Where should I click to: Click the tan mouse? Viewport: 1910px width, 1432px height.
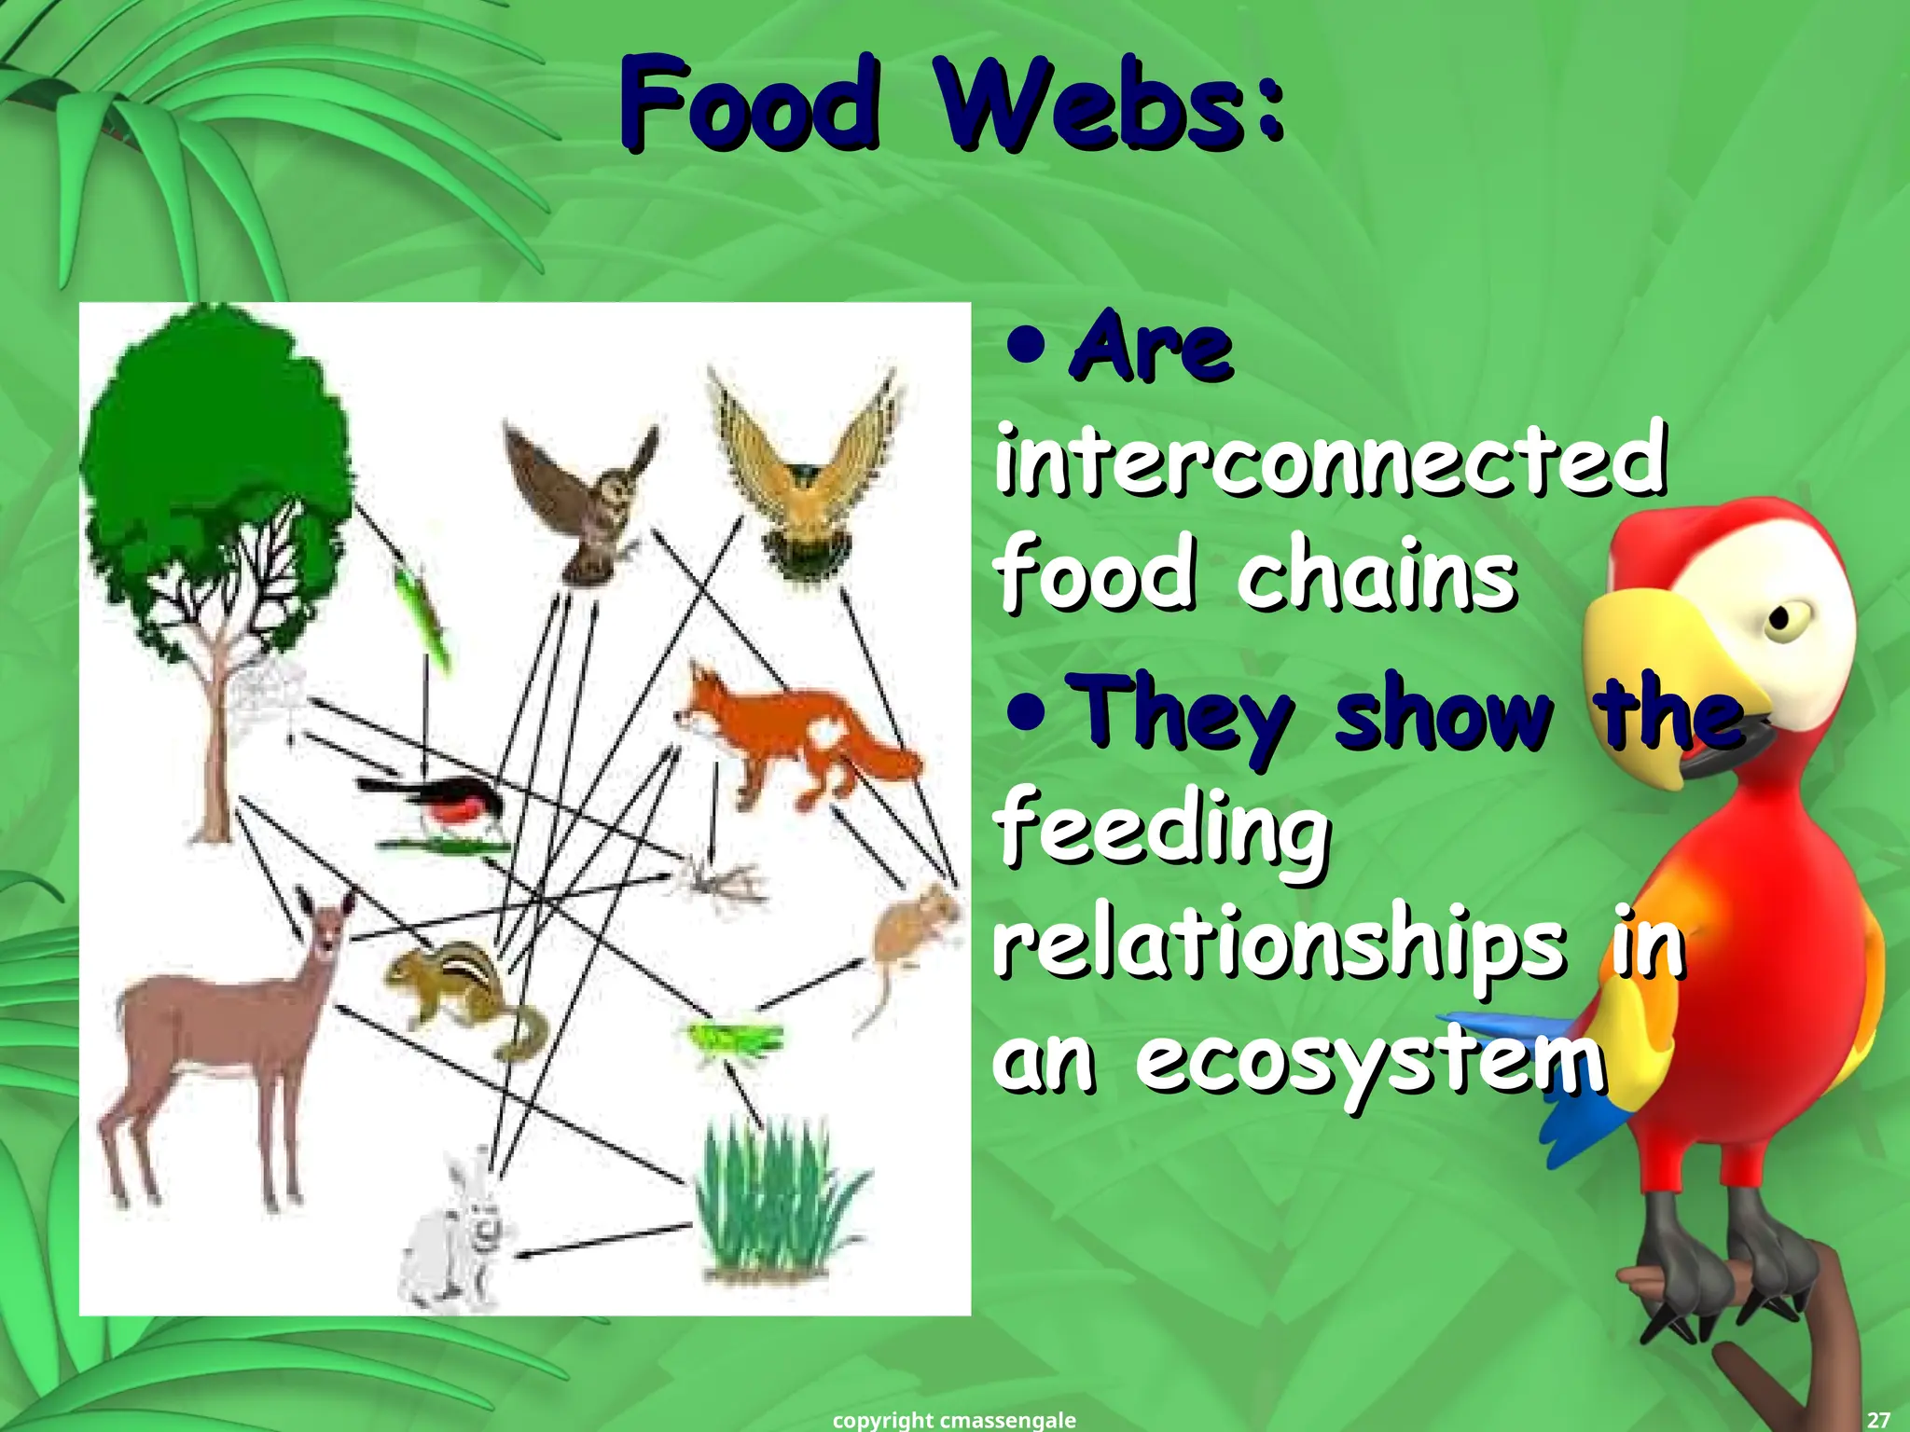pos(909,932)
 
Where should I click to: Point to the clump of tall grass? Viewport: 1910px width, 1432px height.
pos(774,1203)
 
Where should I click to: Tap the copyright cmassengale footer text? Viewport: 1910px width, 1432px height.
pos(953,1420)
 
